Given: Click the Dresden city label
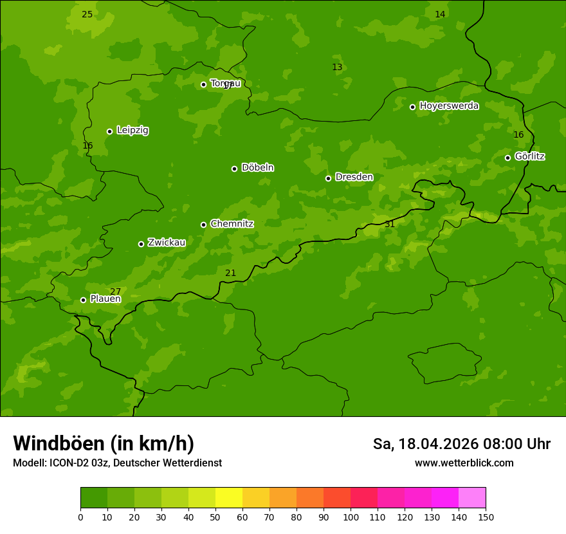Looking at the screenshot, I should click(354, 177).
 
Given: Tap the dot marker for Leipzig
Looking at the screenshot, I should click(109, 131).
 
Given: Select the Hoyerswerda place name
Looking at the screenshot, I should click(449, 106).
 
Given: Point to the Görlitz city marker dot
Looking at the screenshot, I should click(507, 158).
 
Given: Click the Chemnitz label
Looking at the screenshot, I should click(232, 224).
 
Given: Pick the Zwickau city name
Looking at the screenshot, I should click(167, 243).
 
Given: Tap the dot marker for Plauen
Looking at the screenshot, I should click(83, 300).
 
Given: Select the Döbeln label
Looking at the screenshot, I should click(257, 168).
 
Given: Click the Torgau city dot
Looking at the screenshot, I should click(203, 84).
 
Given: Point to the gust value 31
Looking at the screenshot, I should click(390, 225).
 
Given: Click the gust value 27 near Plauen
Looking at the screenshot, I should click(115, 292).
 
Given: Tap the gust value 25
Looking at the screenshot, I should click(87, 15).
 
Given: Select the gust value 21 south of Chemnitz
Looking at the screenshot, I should click(230, 273).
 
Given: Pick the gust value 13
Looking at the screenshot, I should click(337, 68).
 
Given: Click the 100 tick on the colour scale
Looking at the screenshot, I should click(351, 517).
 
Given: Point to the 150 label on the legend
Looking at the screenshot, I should click(486, 517).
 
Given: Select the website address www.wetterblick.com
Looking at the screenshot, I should click(464, 463).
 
